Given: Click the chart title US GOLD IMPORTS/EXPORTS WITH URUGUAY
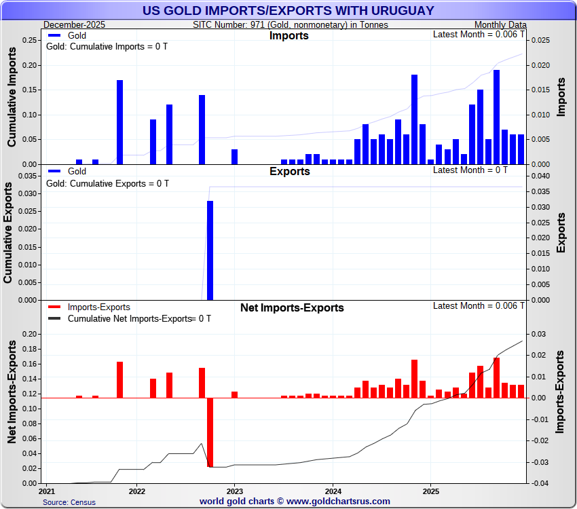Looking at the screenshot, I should [x=288, y=11].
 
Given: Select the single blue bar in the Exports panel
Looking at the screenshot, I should [x=210, y=250].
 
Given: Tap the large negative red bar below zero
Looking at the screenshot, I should [x=210, y=432].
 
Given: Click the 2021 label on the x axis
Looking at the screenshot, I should [x=48, y=490].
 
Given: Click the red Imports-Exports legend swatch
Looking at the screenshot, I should [x=55, y=307].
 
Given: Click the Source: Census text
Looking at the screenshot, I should [x=69, y=502].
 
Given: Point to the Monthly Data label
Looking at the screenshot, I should [x=500, y=24].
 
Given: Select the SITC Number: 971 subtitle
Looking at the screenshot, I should [x=291, y=24].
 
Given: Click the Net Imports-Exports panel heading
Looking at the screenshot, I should [x=292, y=307].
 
